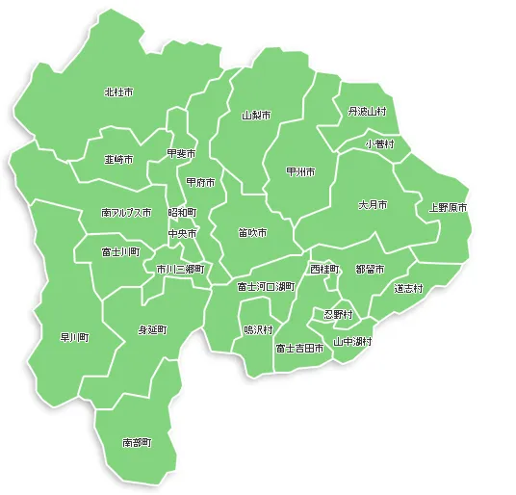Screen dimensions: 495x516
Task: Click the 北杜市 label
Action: click(118, 92)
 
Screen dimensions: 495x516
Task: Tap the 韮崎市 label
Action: click(118, 159)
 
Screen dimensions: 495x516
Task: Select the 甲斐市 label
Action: click(181, 153)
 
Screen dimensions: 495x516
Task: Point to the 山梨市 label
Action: click(256, 115)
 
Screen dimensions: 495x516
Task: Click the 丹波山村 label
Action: click(367, 112)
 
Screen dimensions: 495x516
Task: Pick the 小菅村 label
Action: click(380, 143)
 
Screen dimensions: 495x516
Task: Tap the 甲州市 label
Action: click(300, 171)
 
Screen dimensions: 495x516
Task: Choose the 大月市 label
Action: click(373, 205)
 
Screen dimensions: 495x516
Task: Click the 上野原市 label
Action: click(448, 207)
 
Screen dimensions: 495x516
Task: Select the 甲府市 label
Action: click(201, 182)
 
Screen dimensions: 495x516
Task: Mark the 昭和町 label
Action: click(182, 212)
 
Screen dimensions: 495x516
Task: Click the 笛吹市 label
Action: click(253, 232)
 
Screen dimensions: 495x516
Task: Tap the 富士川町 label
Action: click(120, 251)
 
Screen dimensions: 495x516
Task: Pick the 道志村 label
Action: click(408, 288)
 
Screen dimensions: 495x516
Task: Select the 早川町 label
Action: click(75, 337)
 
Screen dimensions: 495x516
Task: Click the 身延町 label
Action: click(152, 329)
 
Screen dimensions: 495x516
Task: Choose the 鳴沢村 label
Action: click(258, 328)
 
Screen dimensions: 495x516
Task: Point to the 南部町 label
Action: click(137, 443)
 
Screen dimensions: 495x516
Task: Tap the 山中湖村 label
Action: click(352, 341)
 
